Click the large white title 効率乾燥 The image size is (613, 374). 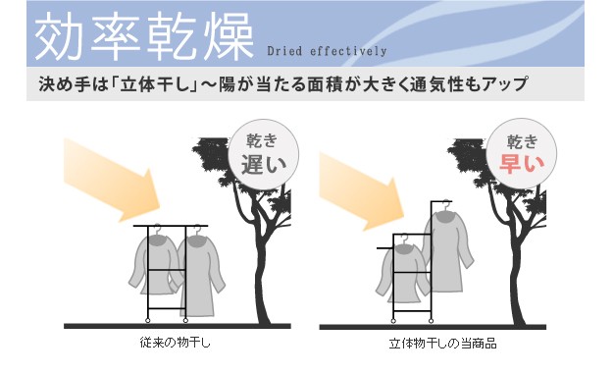(144, 36)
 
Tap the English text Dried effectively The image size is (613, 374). (327, 51)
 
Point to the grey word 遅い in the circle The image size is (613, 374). (264, 165)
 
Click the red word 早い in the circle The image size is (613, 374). (522, 164)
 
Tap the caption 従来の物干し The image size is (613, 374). (176, 343)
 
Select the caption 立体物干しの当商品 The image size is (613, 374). (442, 344)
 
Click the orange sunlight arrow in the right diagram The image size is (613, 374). (362, 191)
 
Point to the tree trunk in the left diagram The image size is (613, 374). (261, 274)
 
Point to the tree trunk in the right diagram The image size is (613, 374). (517, 274)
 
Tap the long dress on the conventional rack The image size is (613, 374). (201, 274)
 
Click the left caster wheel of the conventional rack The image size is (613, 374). (148, 320)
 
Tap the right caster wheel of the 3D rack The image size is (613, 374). (431, 321)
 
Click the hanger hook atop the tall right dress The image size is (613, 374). (445, 203)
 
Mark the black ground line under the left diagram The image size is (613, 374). (178, 326)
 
